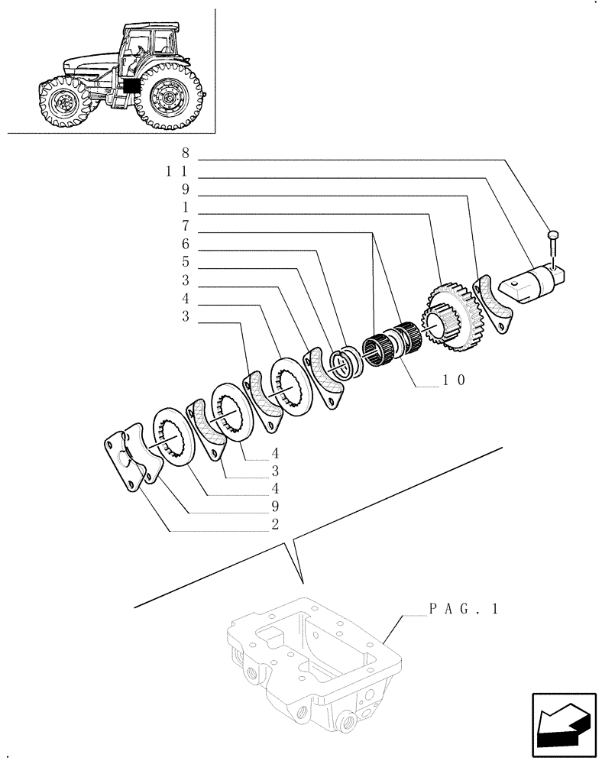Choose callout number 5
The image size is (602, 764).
[x=185, y=264]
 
